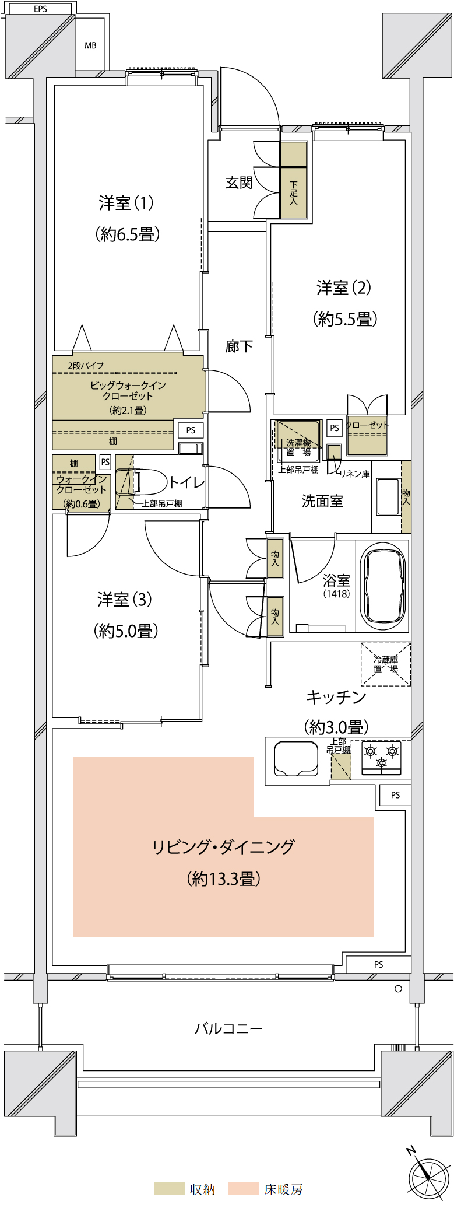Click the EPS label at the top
(40, 9)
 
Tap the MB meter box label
(90, 45)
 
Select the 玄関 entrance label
(239, 183)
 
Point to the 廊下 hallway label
(239, 346)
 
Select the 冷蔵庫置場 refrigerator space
(386, 664)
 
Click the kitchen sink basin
(296, 759)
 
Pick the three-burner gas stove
(382, 758)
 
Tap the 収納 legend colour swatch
(169, 1189)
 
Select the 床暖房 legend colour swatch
(244, 1189)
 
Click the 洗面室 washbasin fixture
(388, 496)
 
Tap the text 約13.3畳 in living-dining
(223, 878)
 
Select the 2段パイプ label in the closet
(86, 365)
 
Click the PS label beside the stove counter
(396, 794)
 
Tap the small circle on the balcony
(398, 988)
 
